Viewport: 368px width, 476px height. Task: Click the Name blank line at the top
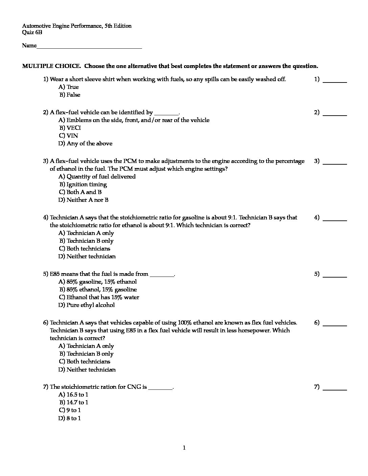pyautogui.click(x=89, y=48)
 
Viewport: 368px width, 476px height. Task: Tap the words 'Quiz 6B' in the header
pyautogui.click(x=32, y=32)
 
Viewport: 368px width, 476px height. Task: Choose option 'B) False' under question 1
pyautogui.click(x=70, y=95)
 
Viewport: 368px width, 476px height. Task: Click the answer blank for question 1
pyautogui.click(x=335, y=81)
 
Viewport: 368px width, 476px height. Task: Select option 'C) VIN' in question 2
pyautogui.click(x=69, y=136)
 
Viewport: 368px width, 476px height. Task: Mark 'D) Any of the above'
pyautogui.click(x=85, y=143)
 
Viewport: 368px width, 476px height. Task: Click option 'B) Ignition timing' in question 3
pyautogui.click(x=83, y=184)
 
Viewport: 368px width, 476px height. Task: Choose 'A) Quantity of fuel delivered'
pyautogui.click(x=97, y=176)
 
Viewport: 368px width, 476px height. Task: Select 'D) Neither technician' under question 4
pyautogui.click(x=87, y=256)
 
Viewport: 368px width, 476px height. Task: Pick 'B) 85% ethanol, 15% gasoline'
pyautogui.click(x=98, y=289)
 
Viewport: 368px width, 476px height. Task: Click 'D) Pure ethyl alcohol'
pyautogui.click(x=87, y=305)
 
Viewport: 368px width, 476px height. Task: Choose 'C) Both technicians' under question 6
pyautogui.click(x=85, y=361)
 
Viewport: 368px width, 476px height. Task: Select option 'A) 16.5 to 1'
pyautogui.click(x=73, y=395)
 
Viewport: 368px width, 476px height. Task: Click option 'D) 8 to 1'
pyautogui.click(x=70, y=418)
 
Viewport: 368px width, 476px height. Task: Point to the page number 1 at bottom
pyautogui.click(x=184, y=448)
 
